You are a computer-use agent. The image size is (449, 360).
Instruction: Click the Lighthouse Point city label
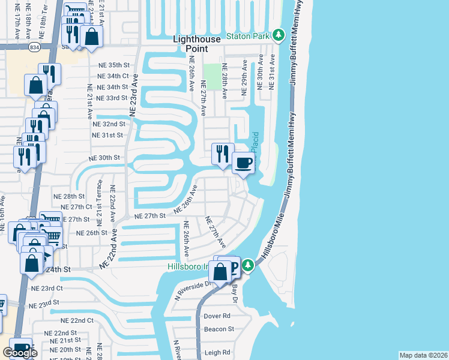click(198, 43)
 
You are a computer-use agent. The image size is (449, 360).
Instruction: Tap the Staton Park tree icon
click(278, 36)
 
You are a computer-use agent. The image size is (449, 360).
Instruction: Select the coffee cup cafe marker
click(243, 163)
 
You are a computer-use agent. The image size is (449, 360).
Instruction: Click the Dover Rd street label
click(217, 316)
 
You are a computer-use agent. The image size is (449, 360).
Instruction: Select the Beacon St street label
click(218, 329)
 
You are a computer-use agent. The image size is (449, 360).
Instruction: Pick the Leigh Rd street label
click(218, 353)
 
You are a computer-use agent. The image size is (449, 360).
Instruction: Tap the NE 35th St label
click(113, 65)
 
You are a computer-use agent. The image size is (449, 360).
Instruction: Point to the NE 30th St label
click(104, 157)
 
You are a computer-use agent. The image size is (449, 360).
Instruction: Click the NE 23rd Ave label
click(133, 95)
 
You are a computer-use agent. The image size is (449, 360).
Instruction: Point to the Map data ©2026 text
click(423, 355)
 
